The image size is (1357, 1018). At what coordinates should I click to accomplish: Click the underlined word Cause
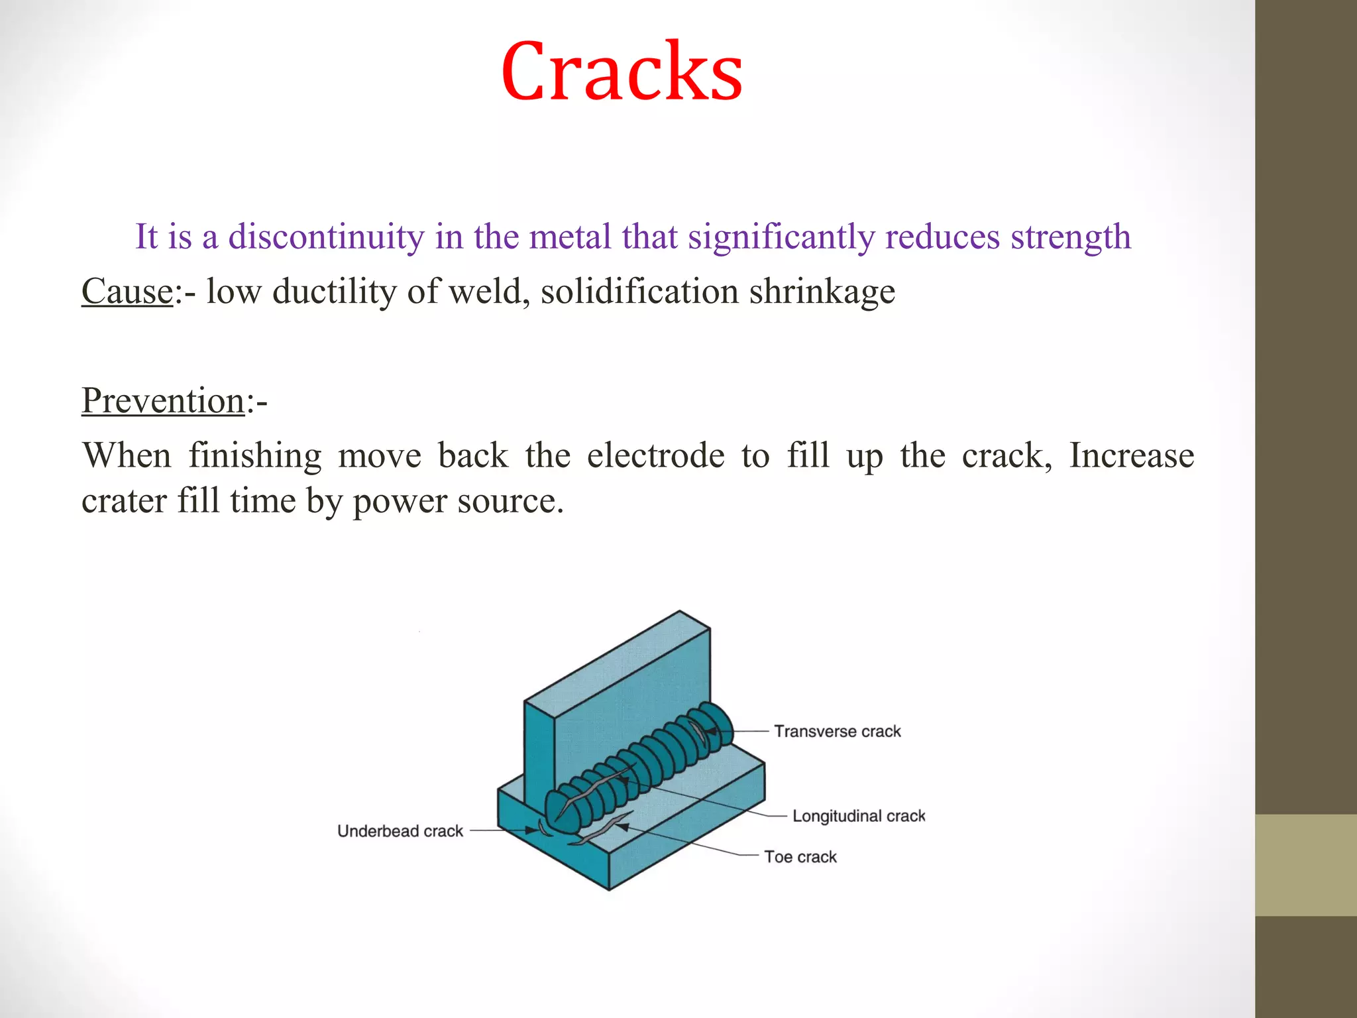pos(127,292)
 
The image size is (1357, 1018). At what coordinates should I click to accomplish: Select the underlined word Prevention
pos(163,401)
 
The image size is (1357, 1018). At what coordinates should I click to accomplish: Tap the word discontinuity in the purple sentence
pos(326,237)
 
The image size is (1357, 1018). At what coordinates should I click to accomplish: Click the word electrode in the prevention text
pos(655,456)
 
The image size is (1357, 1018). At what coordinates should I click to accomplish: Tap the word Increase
pos(1131,456)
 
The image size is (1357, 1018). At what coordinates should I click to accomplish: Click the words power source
pos(458,502)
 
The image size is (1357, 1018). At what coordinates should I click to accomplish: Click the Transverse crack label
pos(838,731)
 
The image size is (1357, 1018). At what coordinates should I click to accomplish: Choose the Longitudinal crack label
pos(859,816)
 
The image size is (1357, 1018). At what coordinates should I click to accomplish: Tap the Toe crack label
pos(800,857)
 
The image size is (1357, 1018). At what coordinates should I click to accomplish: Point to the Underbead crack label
pos(400,831)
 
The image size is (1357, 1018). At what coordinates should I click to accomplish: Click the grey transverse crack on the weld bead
pos(697,731)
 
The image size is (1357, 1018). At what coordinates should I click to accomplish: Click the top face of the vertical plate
pos(616,656)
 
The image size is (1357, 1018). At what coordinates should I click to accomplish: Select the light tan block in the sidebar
pos(1305,865)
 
